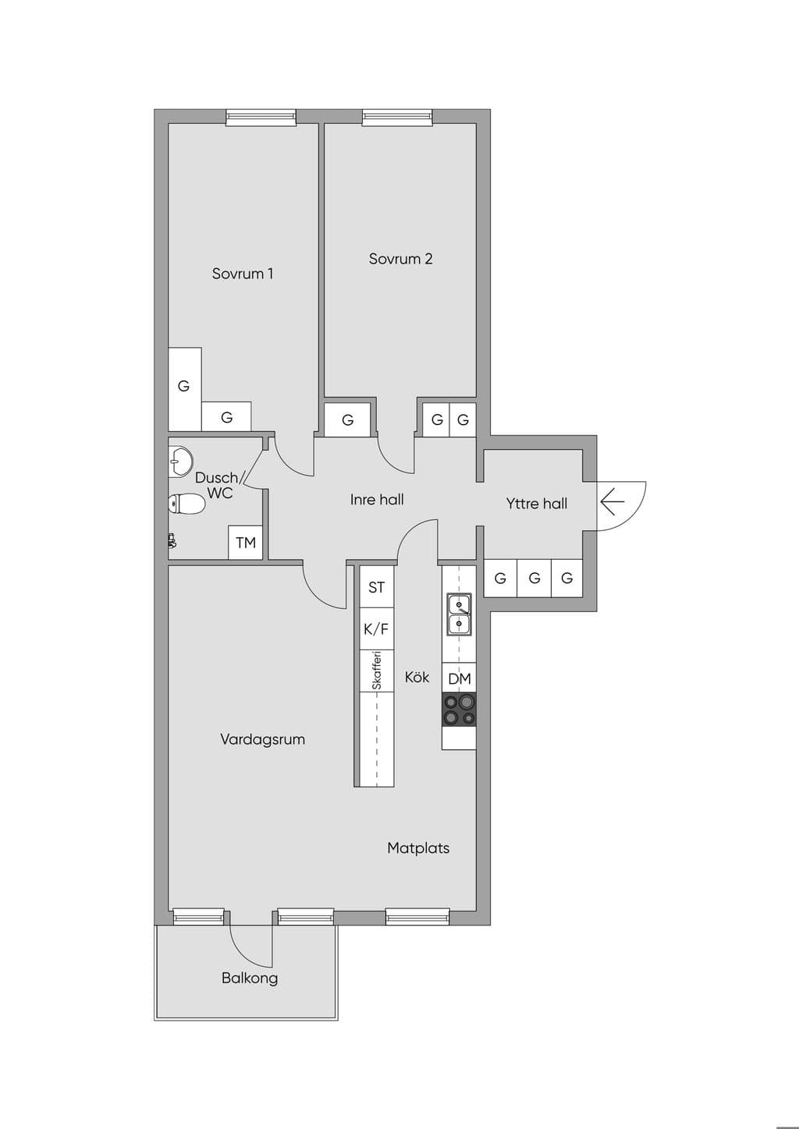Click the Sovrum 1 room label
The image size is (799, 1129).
point(242,274)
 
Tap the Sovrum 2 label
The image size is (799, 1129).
point(400,259)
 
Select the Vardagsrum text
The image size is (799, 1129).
point(262,740)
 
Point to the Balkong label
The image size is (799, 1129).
point(250,979)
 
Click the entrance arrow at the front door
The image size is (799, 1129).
point(613,502)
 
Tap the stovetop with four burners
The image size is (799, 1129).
point(459,710)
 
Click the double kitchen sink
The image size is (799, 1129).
point(459,614)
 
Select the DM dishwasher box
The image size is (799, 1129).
point(459,678)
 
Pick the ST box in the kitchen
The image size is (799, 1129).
point(376,587)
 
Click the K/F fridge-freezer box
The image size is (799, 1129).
point(376,629)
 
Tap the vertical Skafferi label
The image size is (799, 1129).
point(376,671)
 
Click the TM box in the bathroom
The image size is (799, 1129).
point(246,543)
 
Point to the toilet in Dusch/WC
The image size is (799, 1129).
point(186,504)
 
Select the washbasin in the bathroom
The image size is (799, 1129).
point(180,461)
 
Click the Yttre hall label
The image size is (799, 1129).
point(537,504)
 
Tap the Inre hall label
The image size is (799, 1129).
point(377,500)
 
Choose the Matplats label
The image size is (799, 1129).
point(418,848)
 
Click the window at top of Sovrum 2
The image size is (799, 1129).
point(397,117)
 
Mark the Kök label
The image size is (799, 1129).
point(417,677)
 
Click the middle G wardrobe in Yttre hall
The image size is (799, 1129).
point(534,578)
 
